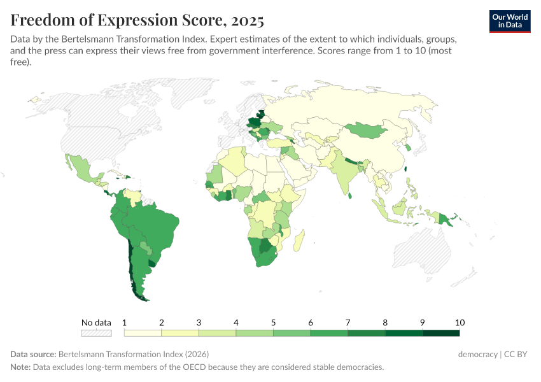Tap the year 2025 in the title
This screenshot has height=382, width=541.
coord(248,20)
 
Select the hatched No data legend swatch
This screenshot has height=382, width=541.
coord(96,332)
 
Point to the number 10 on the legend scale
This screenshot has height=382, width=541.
coord(459,322)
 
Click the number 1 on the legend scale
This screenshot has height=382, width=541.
coord(125,322)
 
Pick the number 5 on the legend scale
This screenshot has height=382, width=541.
coord(274,322)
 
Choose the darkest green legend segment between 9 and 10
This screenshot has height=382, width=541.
coord(440,332)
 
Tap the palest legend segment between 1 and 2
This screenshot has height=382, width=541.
coord(143,332)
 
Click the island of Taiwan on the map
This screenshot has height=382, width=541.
coord(407,169)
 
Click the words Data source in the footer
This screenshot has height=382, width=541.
coord(33,354)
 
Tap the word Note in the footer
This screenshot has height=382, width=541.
coord(20,367)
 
